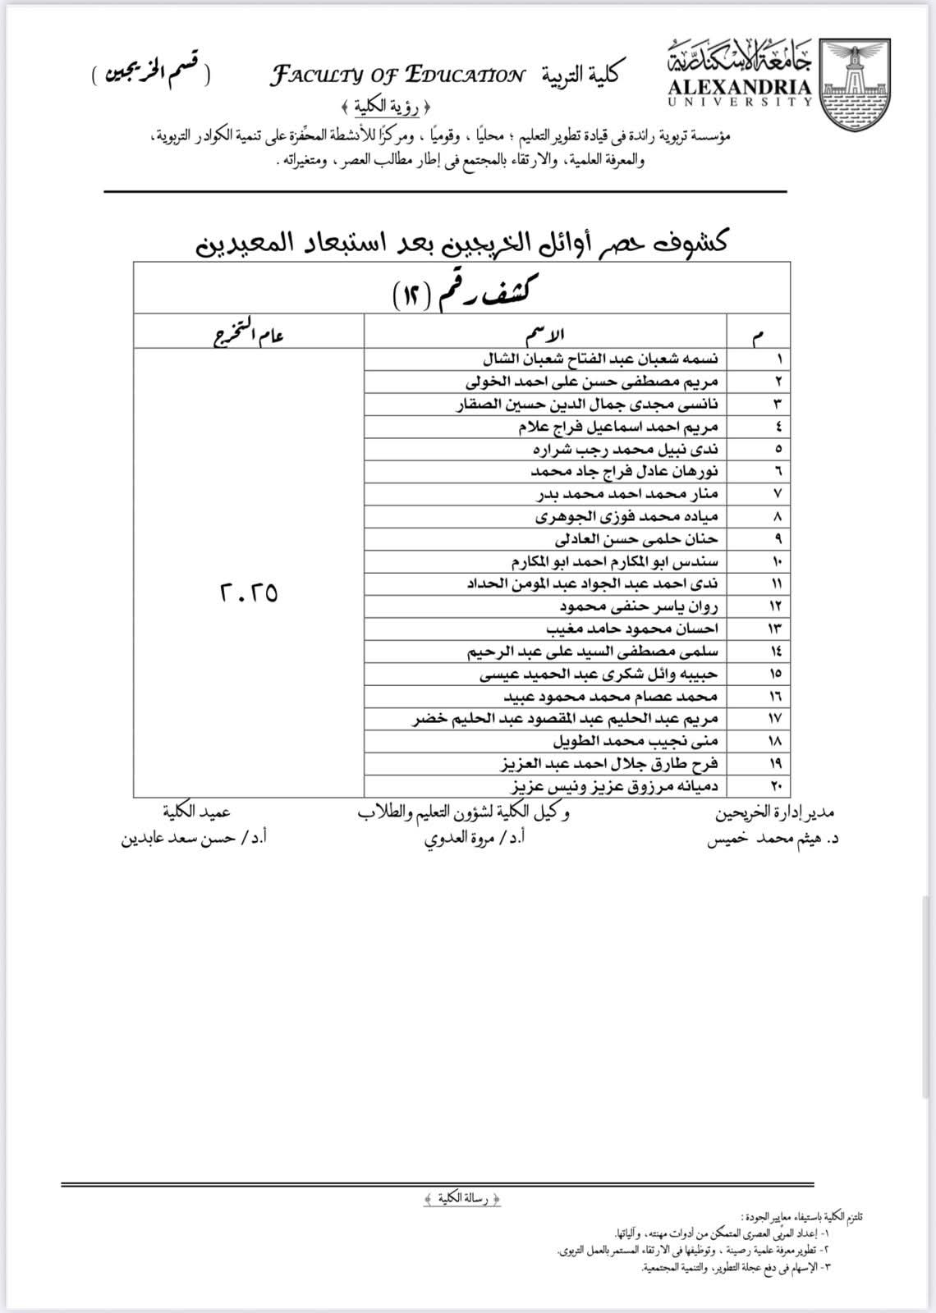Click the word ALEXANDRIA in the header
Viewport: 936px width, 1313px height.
point(738,88)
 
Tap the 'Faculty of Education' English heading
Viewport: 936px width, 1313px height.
point(397,76)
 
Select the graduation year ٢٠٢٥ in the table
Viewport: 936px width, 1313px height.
point(248,592)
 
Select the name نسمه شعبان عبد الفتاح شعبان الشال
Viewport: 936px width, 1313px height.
point(599,359)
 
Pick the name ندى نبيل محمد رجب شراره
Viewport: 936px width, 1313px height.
point(625,449)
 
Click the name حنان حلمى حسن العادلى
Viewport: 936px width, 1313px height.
point(636,539)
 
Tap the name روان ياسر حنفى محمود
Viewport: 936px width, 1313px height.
point(639,606)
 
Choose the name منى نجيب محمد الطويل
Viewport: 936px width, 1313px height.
point(635,741)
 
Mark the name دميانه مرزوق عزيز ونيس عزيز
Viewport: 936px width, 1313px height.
point(615,786)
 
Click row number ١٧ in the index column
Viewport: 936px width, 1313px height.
point(775,719)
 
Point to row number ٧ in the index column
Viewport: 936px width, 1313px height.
point(777,494)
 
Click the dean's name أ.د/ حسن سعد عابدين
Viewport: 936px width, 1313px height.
point(195,839)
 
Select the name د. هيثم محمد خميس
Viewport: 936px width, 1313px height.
point(772,839)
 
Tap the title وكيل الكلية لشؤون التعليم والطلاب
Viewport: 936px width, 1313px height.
point(463,813)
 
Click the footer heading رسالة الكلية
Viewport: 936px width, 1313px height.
point(463,1199)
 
